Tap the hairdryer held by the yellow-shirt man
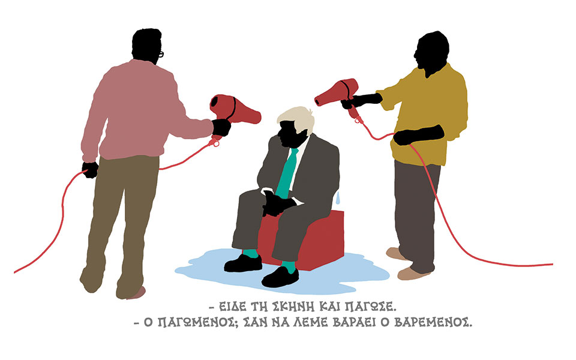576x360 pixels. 338,93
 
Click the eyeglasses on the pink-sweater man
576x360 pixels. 161,54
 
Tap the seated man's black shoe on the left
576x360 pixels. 244,263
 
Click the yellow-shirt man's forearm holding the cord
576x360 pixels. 419,134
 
